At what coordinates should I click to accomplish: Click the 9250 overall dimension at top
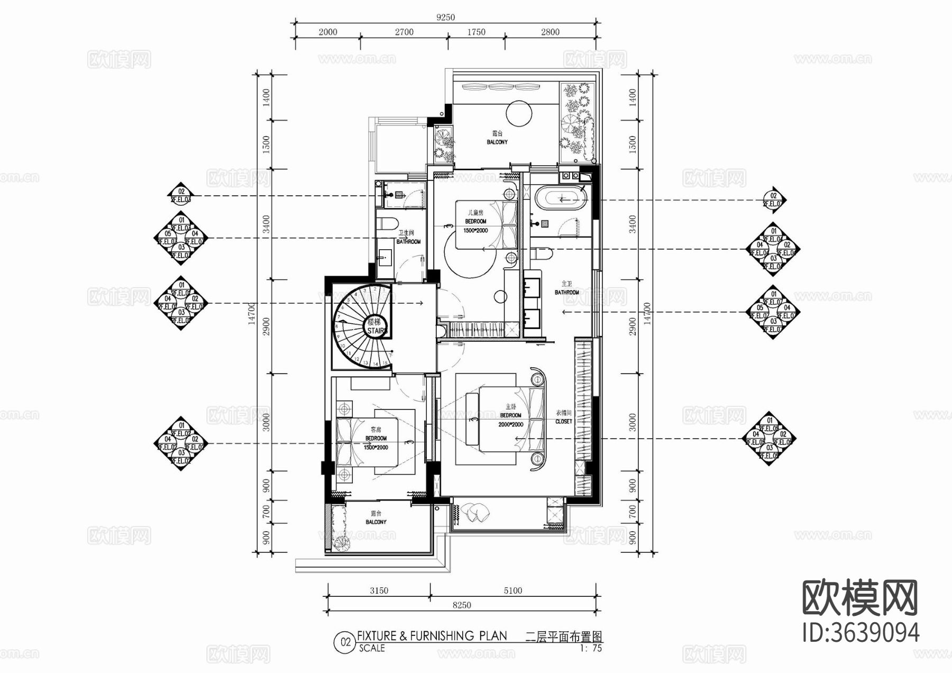coord(445,17)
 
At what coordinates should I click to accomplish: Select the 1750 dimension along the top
coord(476,32)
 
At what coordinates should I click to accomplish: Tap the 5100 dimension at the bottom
coord(512,590)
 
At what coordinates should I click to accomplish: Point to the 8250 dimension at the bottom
coord(461,605)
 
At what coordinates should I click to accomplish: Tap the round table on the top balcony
coord(519,114)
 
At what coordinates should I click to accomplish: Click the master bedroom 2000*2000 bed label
coord(510,424)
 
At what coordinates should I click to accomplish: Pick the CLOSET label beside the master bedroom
coord(563,422)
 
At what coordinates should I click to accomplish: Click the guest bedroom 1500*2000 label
coord(376,447)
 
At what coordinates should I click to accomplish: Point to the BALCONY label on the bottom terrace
coord(376,522)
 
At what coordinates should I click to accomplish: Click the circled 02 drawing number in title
coord(345,642)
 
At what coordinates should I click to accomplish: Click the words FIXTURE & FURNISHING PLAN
coord(432,636)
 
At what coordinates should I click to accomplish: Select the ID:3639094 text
coord(861,633)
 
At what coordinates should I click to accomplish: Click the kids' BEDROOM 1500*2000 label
coord(475,226)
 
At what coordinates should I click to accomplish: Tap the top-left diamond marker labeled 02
coord(181,195)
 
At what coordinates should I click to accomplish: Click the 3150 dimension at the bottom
coord(379,590)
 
